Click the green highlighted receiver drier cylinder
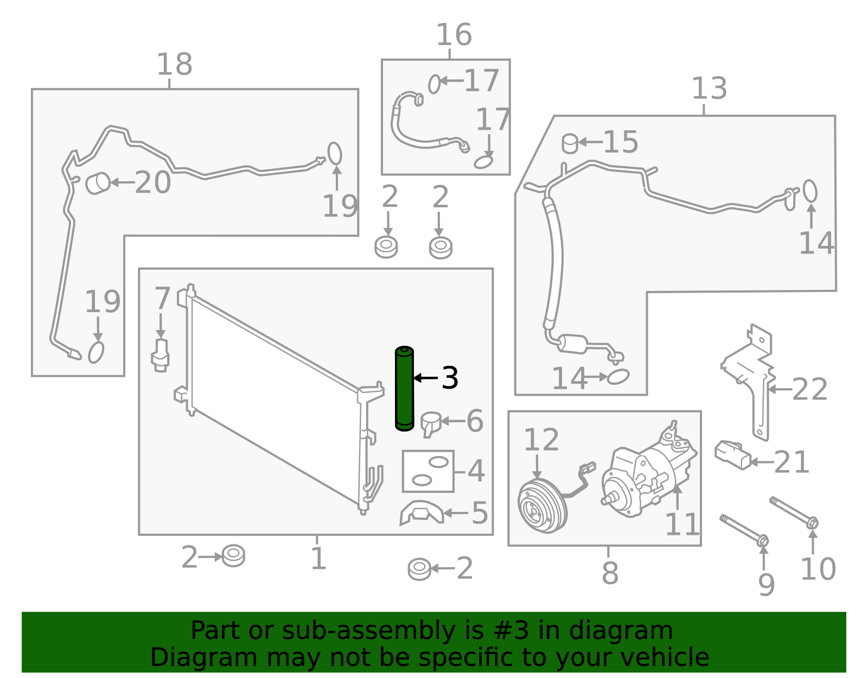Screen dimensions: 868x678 [404, 388]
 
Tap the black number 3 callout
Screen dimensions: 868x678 [449, 378]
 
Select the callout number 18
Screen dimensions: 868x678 [175, 64]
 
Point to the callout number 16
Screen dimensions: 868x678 [454, 35]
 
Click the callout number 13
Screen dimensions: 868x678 [709, 88]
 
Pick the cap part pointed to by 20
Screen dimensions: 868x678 [98, 183]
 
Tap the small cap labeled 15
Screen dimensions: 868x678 [570, 144]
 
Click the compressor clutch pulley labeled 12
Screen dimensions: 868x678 [542, 503]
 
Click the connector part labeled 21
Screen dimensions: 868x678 [732, 455]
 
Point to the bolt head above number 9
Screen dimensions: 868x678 [763, 541]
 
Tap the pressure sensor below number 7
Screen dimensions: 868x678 [160, 356]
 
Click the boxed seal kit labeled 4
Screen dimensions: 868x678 [428, 471]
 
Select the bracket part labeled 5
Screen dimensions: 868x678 [422, 512]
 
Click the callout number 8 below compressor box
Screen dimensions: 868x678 [610, 573]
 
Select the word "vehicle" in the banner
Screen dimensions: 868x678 [667, 657]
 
